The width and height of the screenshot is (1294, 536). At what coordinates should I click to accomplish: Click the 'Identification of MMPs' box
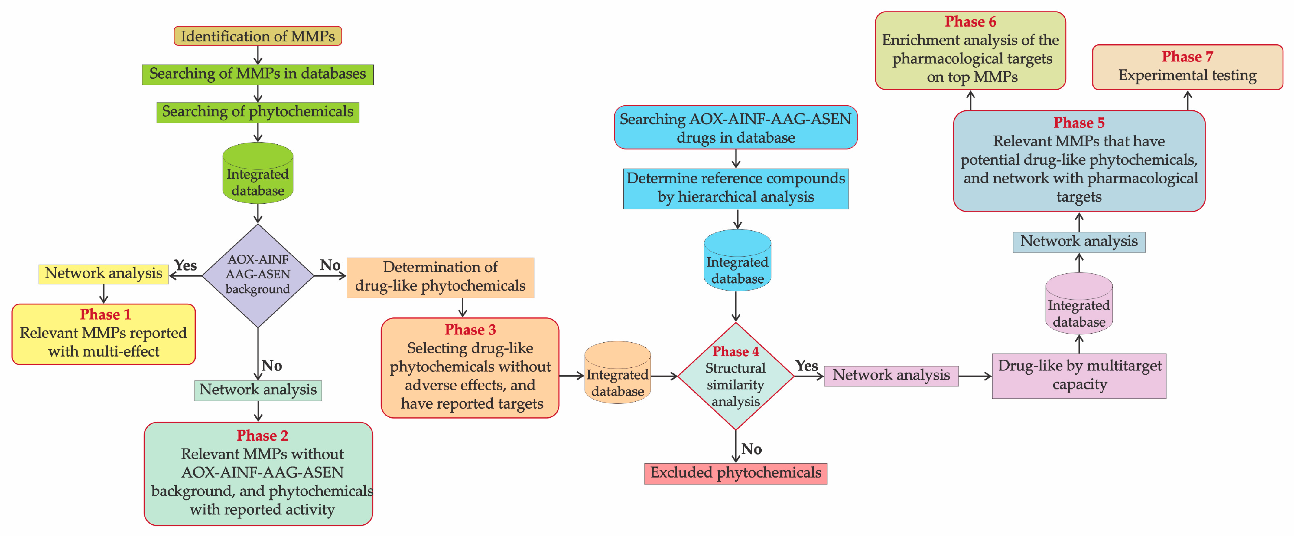[258, 36]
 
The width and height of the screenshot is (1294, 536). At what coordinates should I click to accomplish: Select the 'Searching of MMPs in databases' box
[258, 74]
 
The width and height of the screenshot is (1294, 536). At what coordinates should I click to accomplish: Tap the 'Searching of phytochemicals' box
[258, 112]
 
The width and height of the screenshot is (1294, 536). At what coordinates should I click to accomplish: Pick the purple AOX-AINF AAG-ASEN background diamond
[258, 275]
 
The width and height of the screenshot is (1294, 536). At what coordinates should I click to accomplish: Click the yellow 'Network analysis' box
[103, 274]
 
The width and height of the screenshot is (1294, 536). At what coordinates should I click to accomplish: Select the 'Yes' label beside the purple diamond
[185, 265]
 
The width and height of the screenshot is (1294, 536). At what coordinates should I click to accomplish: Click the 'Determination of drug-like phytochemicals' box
[440, 277]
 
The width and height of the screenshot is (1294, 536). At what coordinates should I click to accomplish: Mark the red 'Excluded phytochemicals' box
[735, 473]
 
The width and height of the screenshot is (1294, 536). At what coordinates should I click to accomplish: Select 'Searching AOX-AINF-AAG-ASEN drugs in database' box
[735, 128]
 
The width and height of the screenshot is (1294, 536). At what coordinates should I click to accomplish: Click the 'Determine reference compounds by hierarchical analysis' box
[735, 188]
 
